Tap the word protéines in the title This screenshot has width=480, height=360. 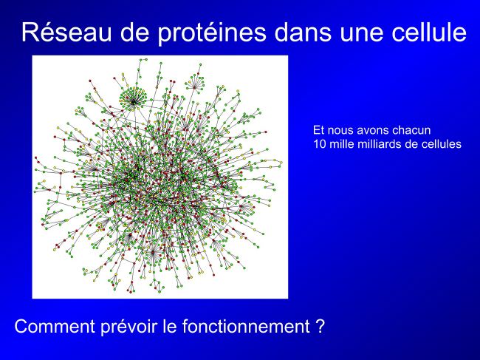211,33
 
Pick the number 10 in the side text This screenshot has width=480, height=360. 320,143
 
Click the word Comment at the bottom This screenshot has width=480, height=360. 55,326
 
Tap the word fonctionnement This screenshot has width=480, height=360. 246,326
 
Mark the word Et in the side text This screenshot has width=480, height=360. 318,130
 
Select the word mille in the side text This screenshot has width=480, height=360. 341,143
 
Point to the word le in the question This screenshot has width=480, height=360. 171,326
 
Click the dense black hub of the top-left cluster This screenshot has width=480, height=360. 134,101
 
